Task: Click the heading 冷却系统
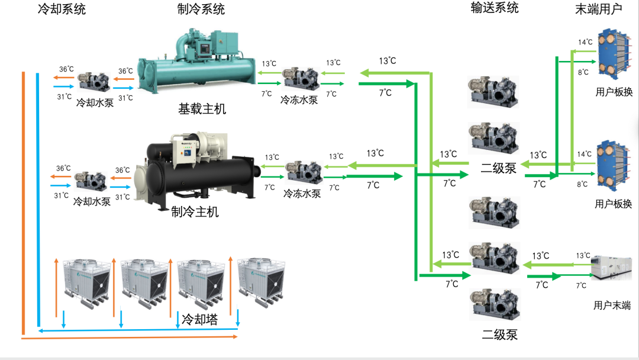[x=62, y=9]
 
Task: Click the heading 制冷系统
[x=201, y=9]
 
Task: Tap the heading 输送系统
[x=494, y=8]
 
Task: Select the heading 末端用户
[x=599, y=9]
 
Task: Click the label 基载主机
[x=202, y=109]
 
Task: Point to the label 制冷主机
[x=195, y=211]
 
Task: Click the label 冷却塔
[x=199, y=320]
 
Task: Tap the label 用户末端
[x=612, y=306]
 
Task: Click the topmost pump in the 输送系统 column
[x=493, y=92]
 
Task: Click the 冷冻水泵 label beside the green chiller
[x=299, y=100]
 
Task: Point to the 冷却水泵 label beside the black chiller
[x=92, y=201]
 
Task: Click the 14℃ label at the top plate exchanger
[x=585, y=42]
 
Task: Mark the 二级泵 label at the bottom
[x=499, y=335]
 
